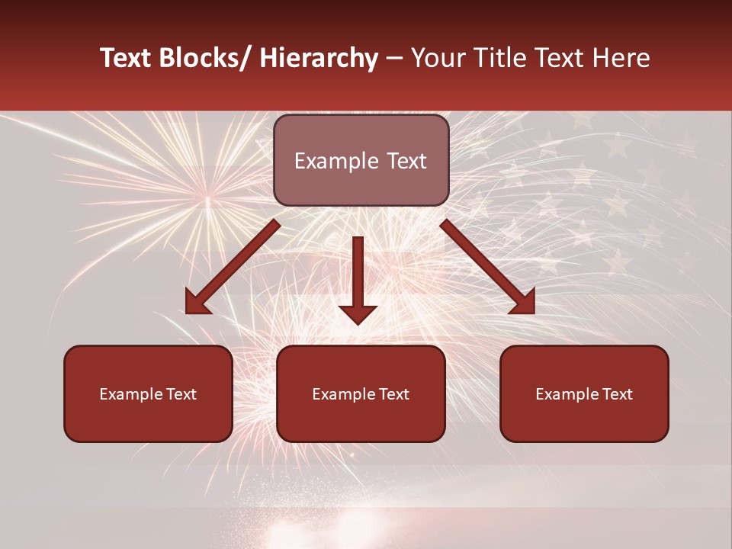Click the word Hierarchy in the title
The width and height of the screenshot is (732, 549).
coord(319,59)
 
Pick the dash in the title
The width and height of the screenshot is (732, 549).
coord(394,59)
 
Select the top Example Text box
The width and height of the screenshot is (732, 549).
coord(361,161)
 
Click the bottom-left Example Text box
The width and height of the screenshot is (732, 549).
coord(148,394)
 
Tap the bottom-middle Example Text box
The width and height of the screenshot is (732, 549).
coord(361,394)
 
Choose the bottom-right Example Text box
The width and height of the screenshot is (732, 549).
coord(584,394)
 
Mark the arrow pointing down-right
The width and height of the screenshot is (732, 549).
coord(488,267)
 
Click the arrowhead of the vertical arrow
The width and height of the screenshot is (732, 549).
coord(358,313)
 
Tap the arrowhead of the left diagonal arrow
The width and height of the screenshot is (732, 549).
coord(196,303)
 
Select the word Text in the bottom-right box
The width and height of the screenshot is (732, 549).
coord(616,394)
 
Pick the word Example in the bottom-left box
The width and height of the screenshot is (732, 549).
coord(130,394)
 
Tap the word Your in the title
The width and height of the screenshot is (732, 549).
coord(435,59)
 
